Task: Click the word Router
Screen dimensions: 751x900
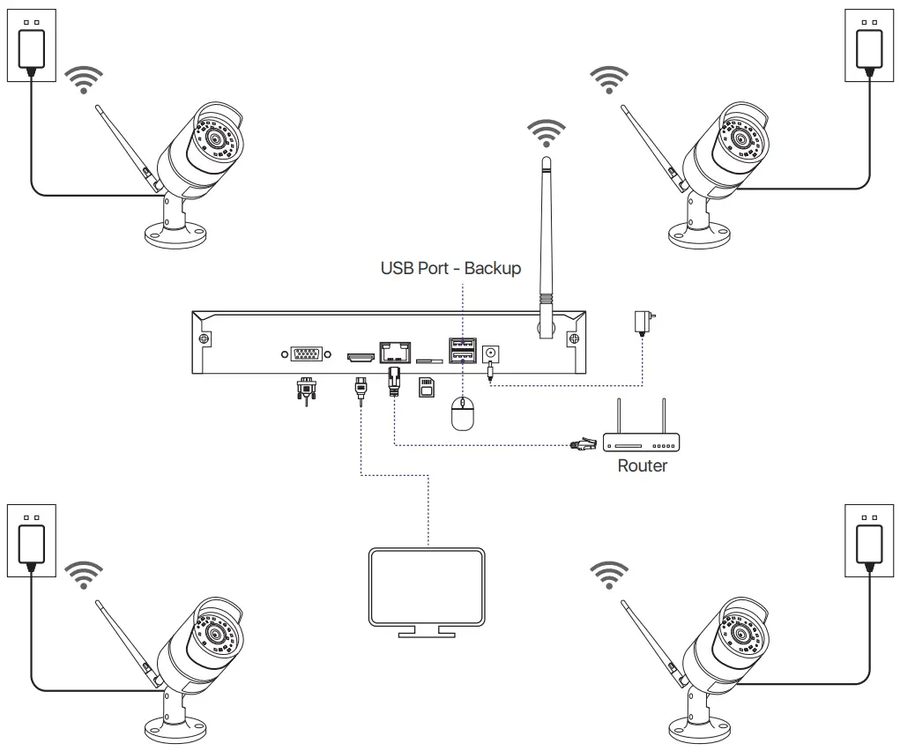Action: point(642,465)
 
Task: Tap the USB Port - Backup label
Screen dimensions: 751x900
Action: point(450,268)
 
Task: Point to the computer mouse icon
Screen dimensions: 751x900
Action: point(462,413)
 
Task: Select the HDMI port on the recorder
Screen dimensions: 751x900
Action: point(360,357)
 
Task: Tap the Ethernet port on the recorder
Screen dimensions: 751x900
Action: point(394,352)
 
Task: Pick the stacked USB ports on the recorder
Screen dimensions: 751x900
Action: point(462,351)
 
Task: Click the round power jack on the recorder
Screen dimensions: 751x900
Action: point(491,352)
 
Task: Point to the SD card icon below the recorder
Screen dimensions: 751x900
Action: point(427,387)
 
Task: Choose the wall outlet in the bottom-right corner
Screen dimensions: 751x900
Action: point(869,539)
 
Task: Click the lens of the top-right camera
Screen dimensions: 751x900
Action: point(740,138)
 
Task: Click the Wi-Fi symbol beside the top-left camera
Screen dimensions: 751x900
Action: point(85,79)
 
